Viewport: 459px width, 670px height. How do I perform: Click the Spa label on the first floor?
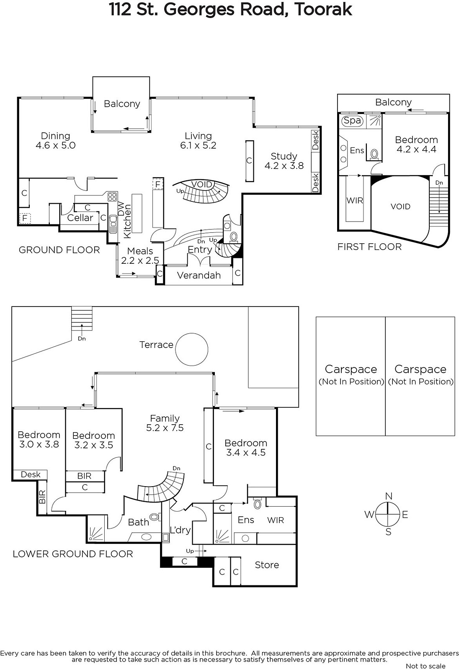pos(353,121)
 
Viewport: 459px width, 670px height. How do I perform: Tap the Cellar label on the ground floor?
pos(80,218)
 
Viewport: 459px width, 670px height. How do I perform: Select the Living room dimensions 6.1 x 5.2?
pos(198,145)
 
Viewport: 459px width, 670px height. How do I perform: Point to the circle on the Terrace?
pos(191,349)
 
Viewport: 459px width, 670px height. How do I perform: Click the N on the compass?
pos(389,496)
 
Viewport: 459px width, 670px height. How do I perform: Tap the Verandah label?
pos(199,275)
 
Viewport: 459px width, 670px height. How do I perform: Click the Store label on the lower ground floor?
pos(267,565)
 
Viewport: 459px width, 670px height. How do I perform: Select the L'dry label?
pos(180,530)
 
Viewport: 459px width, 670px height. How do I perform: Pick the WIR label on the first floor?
pos(355,201)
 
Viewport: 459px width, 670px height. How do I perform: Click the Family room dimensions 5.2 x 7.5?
pos(165,428)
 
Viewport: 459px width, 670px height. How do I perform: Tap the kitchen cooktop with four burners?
pos(112,196)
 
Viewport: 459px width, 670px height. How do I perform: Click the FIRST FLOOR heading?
pos(369,247)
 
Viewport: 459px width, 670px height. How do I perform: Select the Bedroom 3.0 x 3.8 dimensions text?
pos(39,444)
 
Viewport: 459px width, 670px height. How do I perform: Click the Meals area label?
pos(140,251)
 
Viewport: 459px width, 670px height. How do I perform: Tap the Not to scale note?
pos(425,666)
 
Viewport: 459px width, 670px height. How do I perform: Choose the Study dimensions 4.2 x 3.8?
pos(284,166)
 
